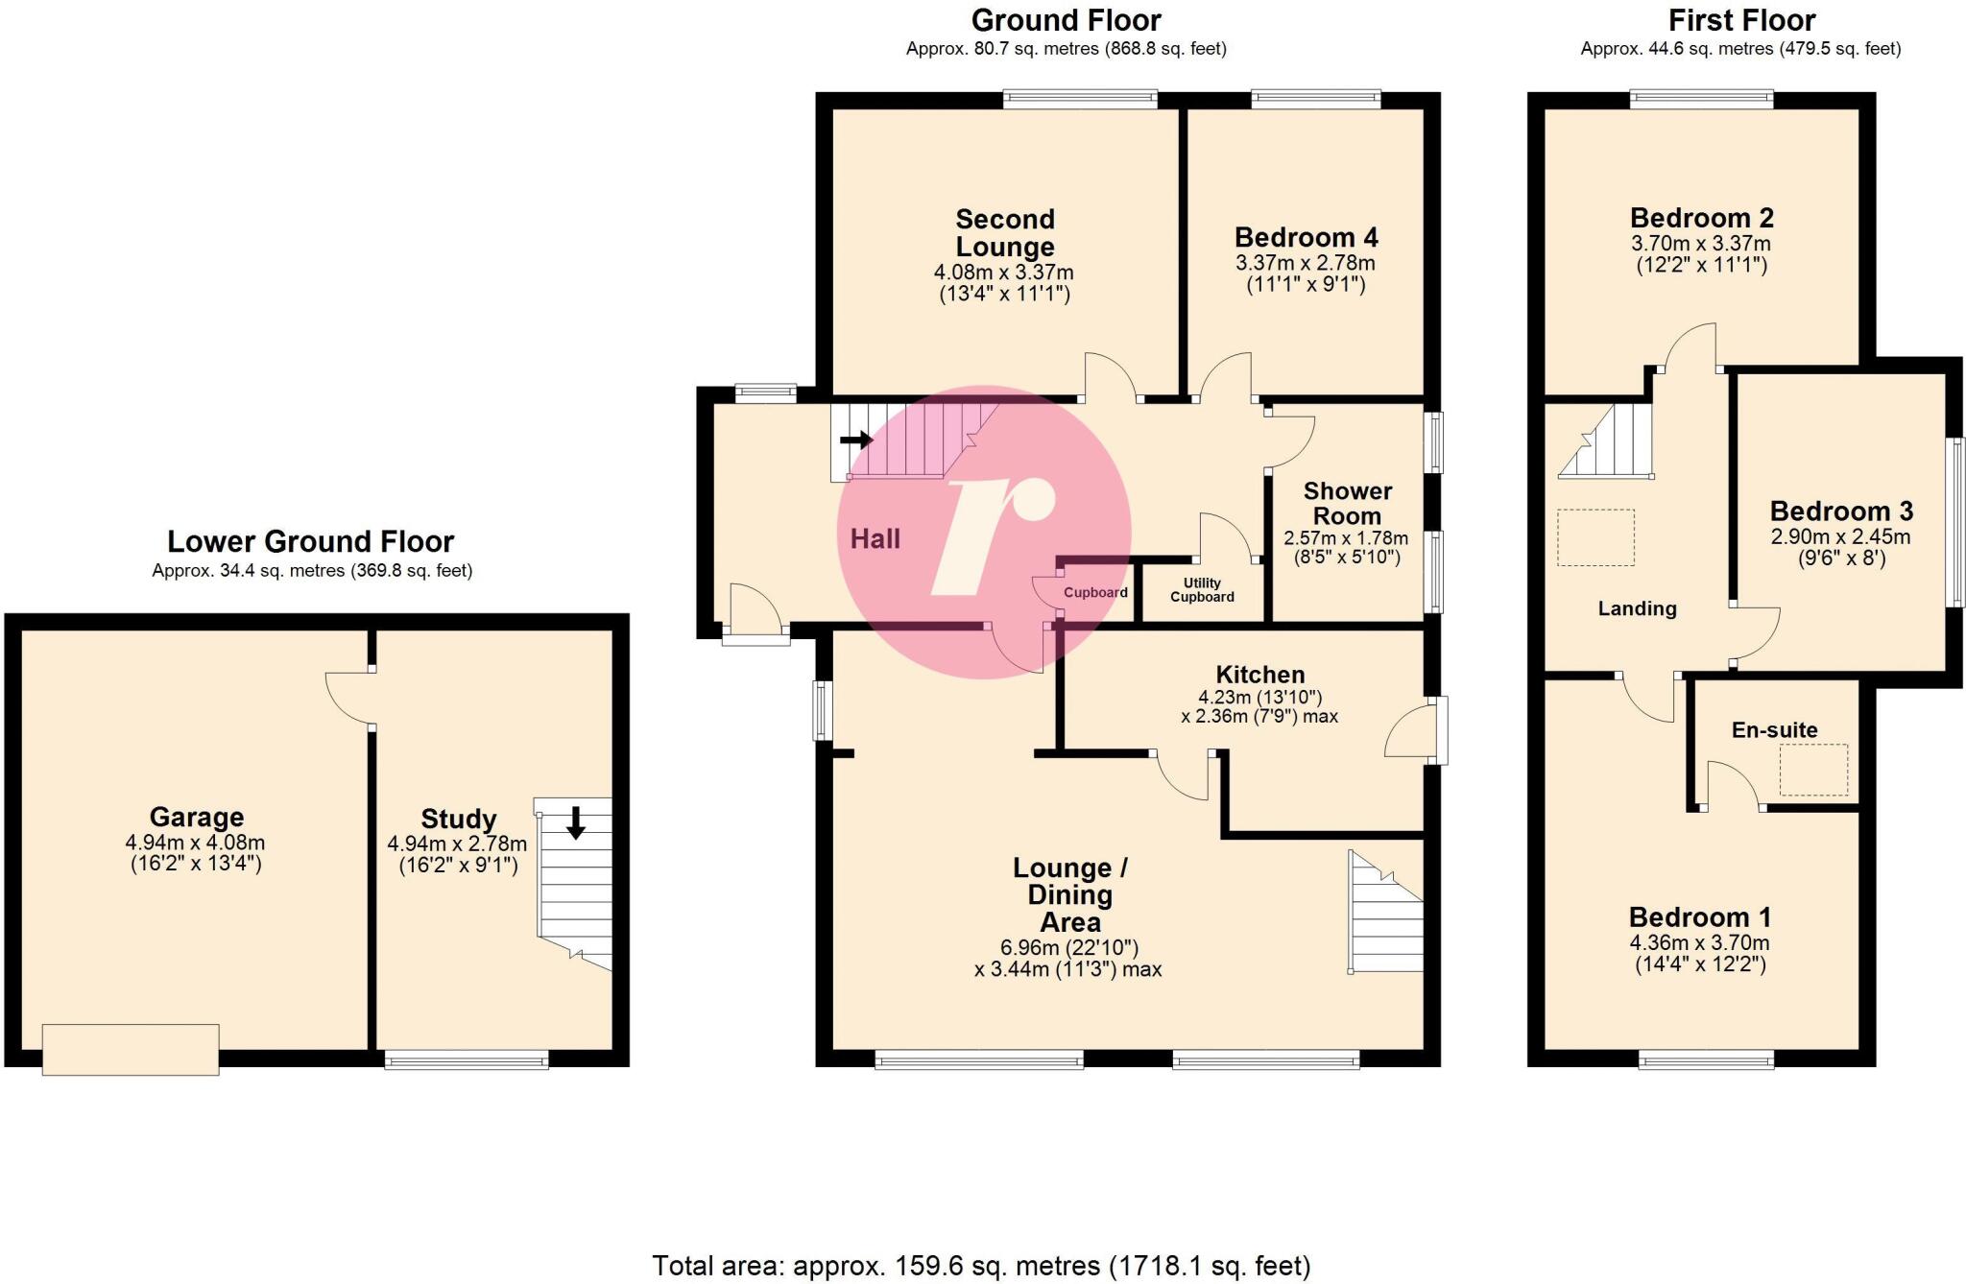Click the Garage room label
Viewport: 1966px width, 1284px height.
point(196,818)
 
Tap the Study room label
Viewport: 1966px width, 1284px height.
point(458,820)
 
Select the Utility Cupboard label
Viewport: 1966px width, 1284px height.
point(1202,590)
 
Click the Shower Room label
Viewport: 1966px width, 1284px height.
point(1347,504)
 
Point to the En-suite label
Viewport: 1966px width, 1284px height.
point(1774,730)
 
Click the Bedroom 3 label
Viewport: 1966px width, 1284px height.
point(1840,511)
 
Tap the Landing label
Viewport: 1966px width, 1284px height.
point(1637,608)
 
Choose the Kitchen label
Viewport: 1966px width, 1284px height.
point(1259,675)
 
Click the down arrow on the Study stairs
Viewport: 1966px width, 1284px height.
point(575,822)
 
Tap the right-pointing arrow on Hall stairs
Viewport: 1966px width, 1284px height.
point(856,440)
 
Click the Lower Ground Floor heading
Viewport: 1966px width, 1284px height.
point(310,542)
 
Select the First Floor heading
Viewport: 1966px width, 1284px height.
point(1741,20)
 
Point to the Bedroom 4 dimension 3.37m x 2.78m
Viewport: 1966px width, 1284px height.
point(1305,263)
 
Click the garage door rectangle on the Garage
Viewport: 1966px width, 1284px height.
point(131,1049)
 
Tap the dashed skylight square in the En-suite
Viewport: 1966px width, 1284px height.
point(1813,770)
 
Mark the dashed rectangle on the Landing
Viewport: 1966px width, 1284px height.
point(1595,537)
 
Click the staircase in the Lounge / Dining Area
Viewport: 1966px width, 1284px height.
point(1385,916)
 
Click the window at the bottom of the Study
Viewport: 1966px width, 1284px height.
point(467,1059)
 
